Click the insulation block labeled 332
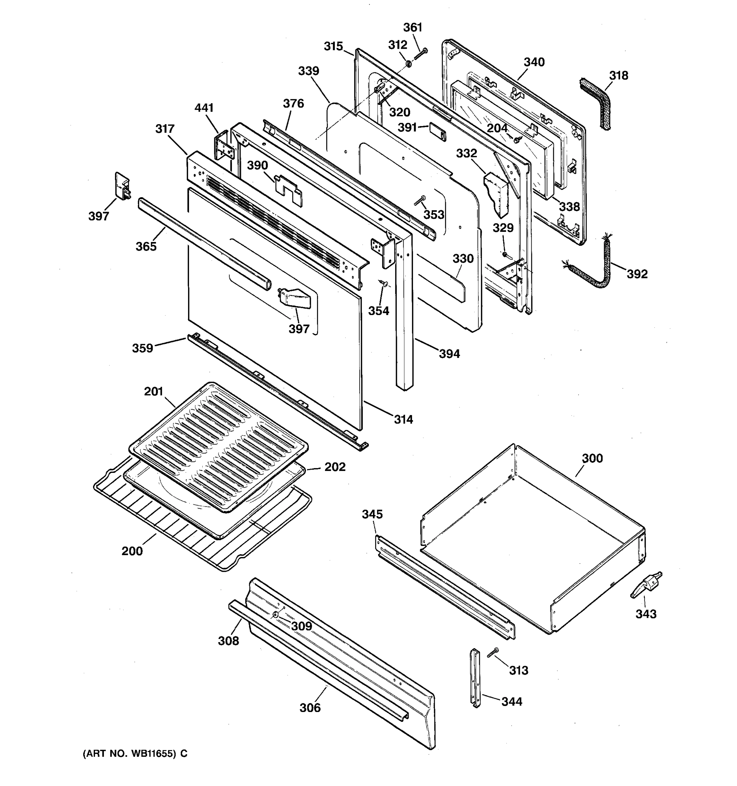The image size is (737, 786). pyautogui.click(x=497, y=192)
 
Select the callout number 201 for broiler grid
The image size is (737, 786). pyautogui.click(x=153, y=391)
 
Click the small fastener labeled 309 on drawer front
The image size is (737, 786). pyautogui.click(x=274, y=615)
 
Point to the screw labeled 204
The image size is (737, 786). pyautogui.click(x=517, y=139)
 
